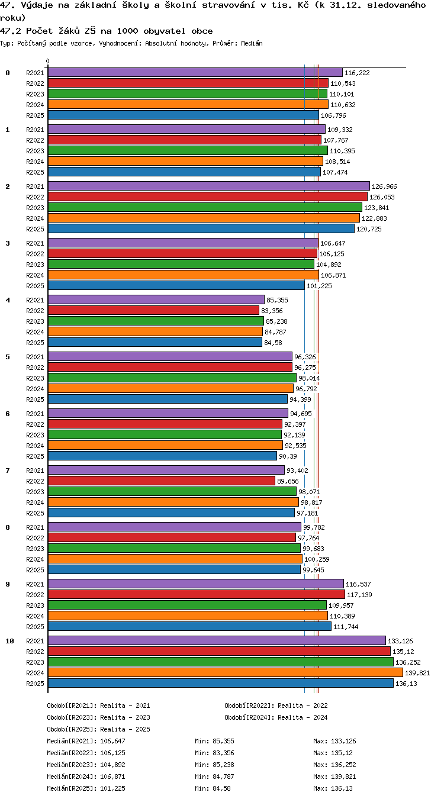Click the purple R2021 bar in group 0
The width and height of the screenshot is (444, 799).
coord(195,72)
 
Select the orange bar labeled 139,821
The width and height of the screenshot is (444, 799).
coord(226,672)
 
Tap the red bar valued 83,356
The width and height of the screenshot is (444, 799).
coord(153,310)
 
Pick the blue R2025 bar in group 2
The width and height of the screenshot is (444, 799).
coord(201,228)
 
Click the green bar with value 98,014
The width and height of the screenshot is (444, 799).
coord(172,378)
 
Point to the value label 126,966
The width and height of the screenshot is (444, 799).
coord(384,186)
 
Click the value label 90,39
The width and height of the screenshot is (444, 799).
coord(288,456)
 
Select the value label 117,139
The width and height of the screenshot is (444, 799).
coord(359,595)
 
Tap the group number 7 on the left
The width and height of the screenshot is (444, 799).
coord(8,471)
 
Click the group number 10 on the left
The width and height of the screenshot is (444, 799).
coord(9,641)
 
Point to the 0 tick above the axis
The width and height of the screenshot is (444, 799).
coord(48,62)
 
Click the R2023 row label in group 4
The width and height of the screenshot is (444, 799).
coord(35,321)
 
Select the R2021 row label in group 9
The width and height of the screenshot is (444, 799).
coord(35,584)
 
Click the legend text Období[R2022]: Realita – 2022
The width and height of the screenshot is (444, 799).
coord(276,705)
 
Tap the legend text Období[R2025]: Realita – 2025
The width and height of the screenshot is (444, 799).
coord(98,729)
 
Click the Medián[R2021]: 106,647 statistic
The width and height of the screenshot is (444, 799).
coord(86,741)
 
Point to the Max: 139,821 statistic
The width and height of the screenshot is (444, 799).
coord(335,777)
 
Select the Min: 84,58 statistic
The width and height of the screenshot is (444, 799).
coord(213,788)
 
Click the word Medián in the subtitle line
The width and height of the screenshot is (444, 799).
coord(252,44)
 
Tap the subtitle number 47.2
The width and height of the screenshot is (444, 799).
coord(10,31)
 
